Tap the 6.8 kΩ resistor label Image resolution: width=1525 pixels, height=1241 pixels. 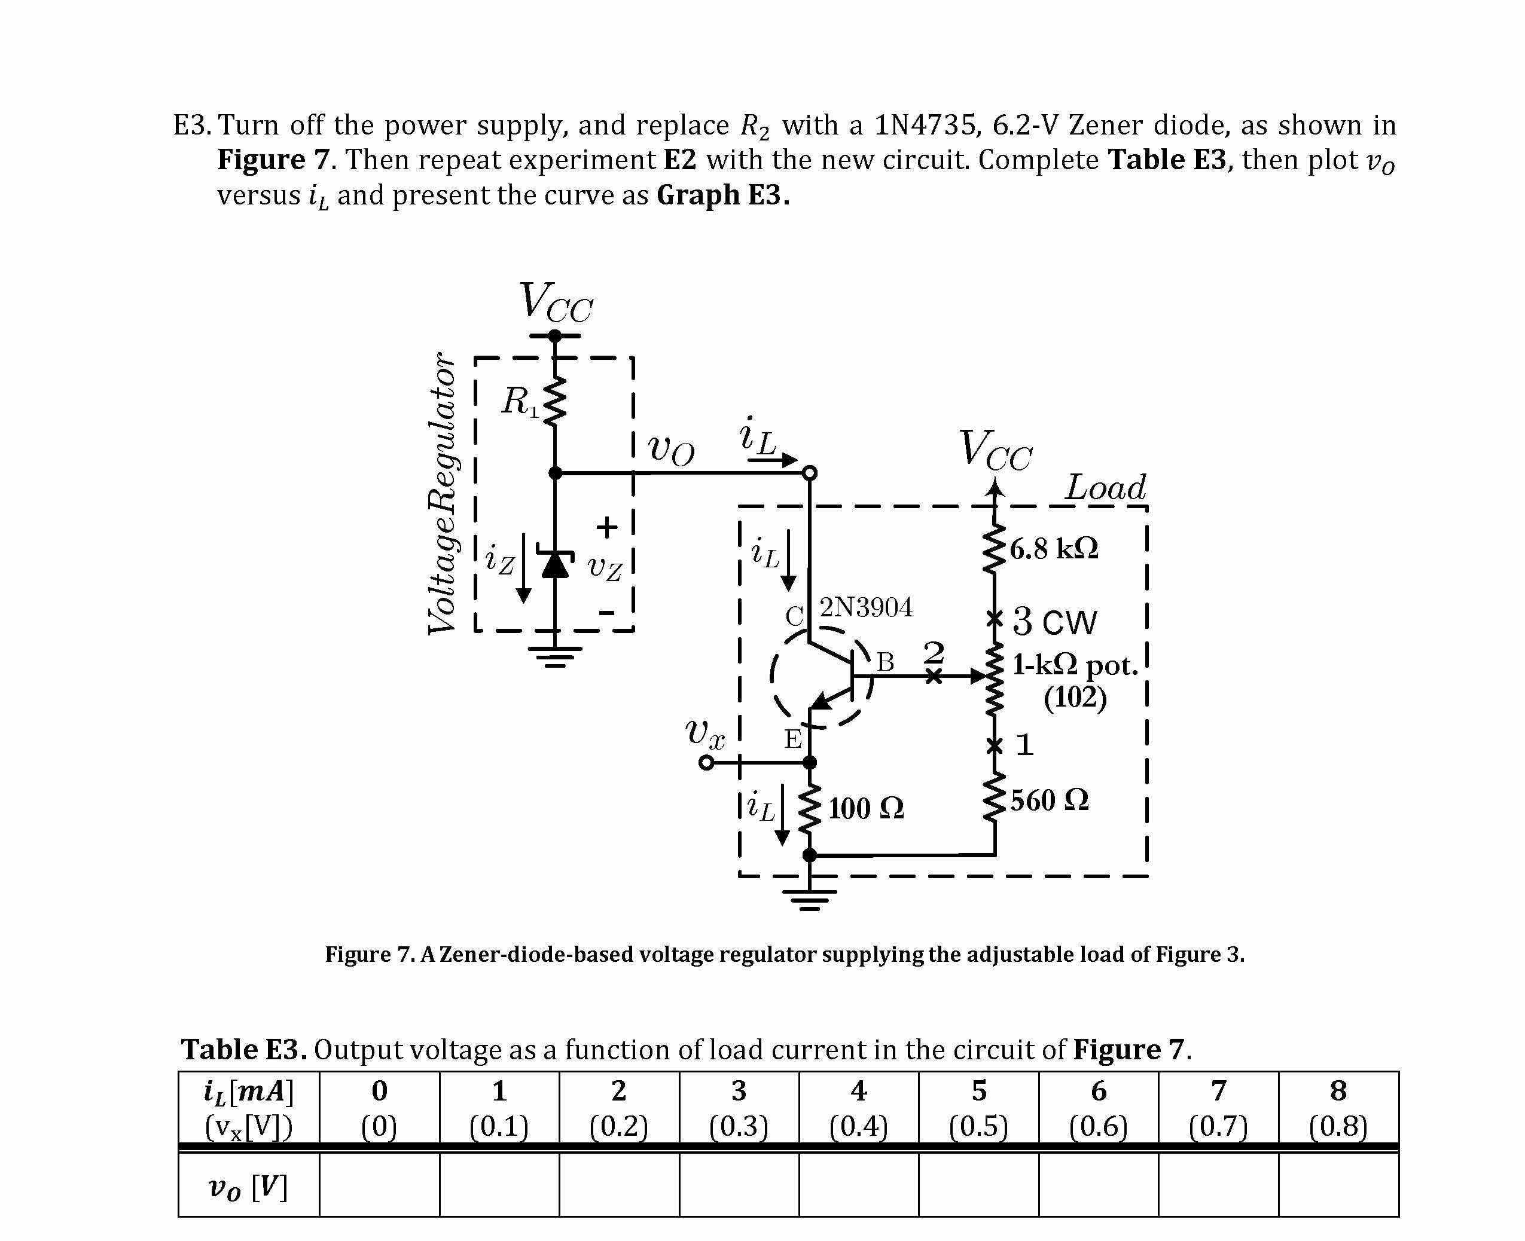point(1054,548)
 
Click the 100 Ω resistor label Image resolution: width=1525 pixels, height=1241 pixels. point(865,809)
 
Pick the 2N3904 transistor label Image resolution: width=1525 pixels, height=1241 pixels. point(865,607)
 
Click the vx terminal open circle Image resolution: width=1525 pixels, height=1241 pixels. point(706,763)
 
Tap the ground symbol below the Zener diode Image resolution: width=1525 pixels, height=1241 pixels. point(555,656)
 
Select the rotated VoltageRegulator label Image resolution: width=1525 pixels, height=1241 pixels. point(441,493)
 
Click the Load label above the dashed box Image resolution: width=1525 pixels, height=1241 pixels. point(1105,488)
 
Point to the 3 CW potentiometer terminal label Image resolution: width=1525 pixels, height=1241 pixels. point(1054,621)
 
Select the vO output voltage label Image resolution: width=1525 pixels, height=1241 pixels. point(670,450)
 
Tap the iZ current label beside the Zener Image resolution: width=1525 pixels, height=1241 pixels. point(499,560)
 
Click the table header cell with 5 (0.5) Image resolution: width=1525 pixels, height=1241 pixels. point(978,1109)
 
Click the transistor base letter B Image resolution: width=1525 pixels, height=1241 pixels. point(885,661)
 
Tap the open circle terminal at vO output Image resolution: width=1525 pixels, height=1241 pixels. point(809,472)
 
